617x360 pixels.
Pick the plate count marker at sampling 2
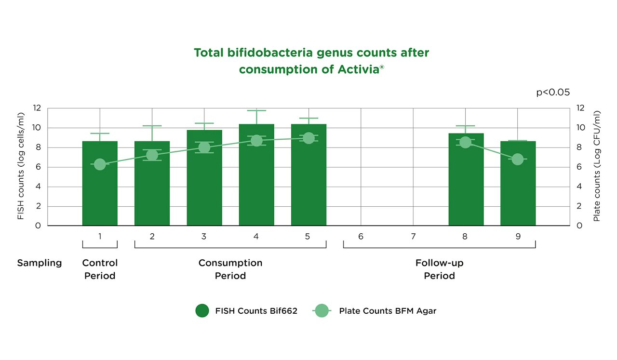[x=152, y=155]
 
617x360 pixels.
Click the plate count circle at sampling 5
[x=308, y=138]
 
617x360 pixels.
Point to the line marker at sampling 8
[x=465, y=142]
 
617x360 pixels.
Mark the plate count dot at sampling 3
[x=204, y=147]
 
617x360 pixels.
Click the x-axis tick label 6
[x=361, y=237]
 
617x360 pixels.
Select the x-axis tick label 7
[x=413, y=237]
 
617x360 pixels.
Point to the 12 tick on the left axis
[x=37, y=108]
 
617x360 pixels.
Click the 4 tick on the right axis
[x=580, y=187]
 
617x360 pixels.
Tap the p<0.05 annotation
[x=553, y=93]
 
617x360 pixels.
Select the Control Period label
[x=100, y=269]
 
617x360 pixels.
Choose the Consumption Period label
[x=230, y=269]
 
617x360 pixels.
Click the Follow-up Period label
[x=439, y=269]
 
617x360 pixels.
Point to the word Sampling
[x=40, y=263]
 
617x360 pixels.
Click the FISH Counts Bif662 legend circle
[x=202, y=311]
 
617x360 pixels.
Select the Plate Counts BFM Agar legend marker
[x=322, y=311]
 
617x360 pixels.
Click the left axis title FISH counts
[x=21, y=166]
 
